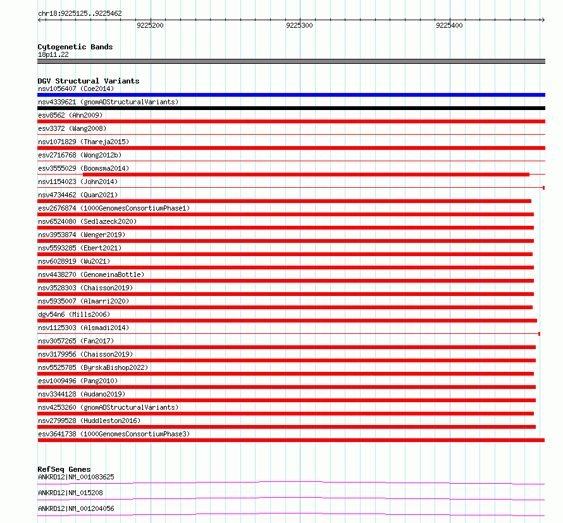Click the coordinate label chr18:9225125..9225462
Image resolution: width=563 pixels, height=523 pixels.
80,13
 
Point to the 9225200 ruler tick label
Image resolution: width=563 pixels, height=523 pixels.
150,26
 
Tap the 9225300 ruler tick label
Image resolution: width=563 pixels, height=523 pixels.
299,26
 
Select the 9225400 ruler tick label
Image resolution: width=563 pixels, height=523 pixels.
449,26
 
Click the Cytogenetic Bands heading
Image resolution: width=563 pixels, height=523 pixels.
75,47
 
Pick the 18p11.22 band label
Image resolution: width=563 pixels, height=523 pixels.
54,54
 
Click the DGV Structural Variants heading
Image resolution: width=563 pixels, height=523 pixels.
89,81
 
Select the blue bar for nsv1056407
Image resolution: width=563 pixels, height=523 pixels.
291,95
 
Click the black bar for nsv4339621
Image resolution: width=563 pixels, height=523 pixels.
291,108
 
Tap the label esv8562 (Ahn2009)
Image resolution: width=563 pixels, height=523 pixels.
70,115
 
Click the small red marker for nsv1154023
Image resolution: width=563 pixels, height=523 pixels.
543,188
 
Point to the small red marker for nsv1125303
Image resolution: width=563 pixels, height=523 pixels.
539,333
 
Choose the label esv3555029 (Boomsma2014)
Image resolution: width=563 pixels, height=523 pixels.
84,168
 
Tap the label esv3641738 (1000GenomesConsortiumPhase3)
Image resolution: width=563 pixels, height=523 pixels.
114,434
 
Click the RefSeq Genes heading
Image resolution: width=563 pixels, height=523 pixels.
64,469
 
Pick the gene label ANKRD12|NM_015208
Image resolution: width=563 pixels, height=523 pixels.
71,493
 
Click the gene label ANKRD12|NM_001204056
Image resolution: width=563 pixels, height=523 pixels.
76,508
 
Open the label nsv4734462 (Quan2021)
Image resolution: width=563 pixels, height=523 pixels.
78,195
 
